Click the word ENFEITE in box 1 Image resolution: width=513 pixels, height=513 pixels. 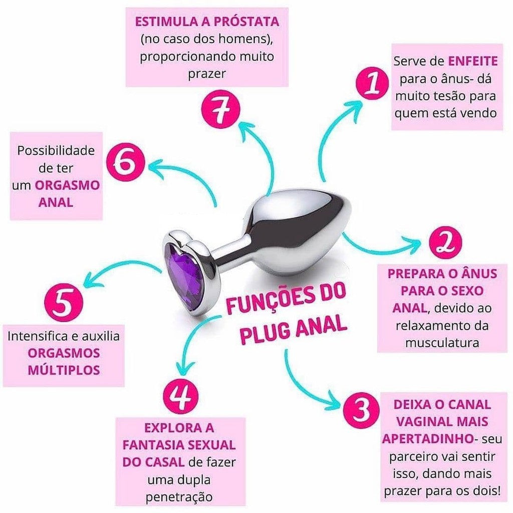(472, 61)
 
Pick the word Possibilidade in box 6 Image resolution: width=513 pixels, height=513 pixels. (56, 150)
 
